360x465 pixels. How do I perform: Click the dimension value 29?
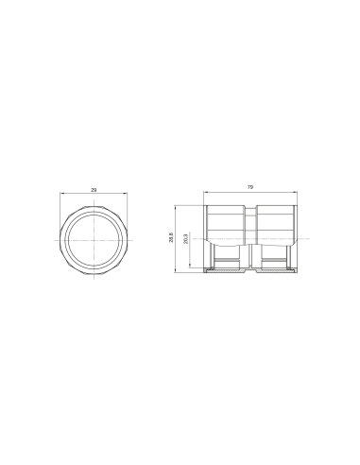tap(94, 192)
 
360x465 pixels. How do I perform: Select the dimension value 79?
tap(249, 188)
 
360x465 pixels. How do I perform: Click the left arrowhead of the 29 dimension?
tap(61, 196)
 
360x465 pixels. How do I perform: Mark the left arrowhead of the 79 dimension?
tap(204, 192)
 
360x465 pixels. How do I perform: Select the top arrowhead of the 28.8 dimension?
tap(176, 206)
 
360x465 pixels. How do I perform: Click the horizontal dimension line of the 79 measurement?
tap(227, 192)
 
